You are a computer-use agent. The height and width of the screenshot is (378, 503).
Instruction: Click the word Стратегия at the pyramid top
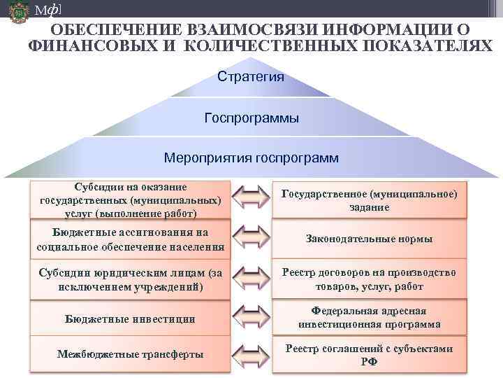pyautogui.click(x=251, y=76)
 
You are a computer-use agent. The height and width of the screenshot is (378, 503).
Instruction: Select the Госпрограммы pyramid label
pyautogui.click(x=251, y=118)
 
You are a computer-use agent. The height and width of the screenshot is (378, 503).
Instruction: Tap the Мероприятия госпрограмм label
pyautogui.click(x=251, y=157)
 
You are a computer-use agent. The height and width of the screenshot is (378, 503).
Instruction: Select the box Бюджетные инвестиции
pyautogui.click(x=130, y=318)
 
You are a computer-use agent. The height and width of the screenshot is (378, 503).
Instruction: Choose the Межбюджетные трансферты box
pyautogui.click(x=130, y=354)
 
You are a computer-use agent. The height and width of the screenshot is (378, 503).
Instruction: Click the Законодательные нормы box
pyautogui.click(x=370, y=239)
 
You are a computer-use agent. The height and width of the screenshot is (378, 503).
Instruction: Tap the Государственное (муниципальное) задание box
pyautogui.click(x=370, y=200)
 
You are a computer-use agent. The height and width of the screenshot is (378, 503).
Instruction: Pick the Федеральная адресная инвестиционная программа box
pyautogui.click(x=370, y=318)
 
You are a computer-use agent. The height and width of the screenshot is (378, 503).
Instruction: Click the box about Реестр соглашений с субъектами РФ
pyautogui.click(x=370, y=355)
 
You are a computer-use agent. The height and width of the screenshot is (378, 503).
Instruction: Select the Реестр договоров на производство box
pyautogui.click(x=370, y=279)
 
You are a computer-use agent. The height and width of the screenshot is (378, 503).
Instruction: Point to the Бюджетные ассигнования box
pyautogui.click(x=130, y=239)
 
